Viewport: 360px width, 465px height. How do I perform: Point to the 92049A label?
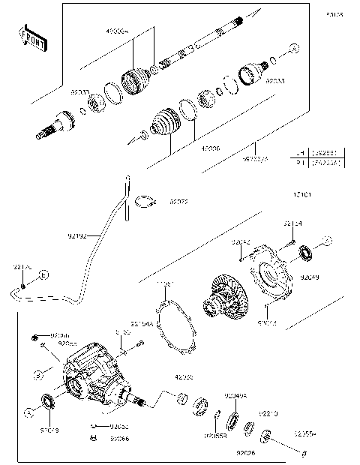point(235,395)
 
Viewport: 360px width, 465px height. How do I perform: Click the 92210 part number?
point(268,413)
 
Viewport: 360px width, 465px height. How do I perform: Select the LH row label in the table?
point(300,151)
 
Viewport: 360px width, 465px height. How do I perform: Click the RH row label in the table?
point(300,160)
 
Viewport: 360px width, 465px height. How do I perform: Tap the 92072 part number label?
point(178,202)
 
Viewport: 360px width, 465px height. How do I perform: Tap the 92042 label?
point(241,242)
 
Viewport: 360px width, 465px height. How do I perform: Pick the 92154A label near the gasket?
point(142,324)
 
